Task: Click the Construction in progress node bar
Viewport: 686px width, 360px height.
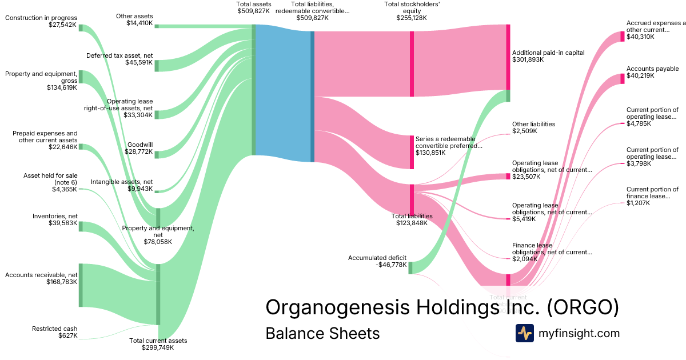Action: [81, 28]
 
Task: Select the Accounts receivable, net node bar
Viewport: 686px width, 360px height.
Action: [81, 285]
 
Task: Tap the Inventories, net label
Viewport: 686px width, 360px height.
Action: [55, 216]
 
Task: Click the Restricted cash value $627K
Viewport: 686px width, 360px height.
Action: [67, 335]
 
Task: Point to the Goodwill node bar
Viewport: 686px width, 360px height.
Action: [157, 155]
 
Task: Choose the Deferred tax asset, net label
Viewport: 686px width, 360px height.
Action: [119, 55]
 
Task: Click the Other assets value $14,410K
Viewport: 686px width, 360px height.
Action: [139, 23]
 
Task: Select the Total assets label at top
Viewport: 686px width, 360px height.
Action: [253, 4]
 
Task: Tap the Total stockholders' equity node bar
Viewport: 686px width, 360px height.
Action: [412, 63]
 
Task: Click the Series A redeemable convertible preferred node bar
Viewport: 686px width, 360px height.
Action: [412, 152]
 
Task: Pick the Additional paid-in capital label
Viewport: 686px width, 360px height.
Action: [548, 53]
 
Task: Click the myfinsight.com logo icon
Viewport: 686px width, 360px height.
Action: [524, 333]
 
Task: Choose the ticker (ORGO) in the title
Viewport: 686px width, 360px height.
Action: [583, 307]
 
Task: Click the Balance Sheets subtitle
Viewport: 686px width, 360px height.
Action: [322, 333]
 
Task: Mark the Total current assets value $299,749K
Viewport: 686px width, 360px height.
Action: [157, 347]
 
